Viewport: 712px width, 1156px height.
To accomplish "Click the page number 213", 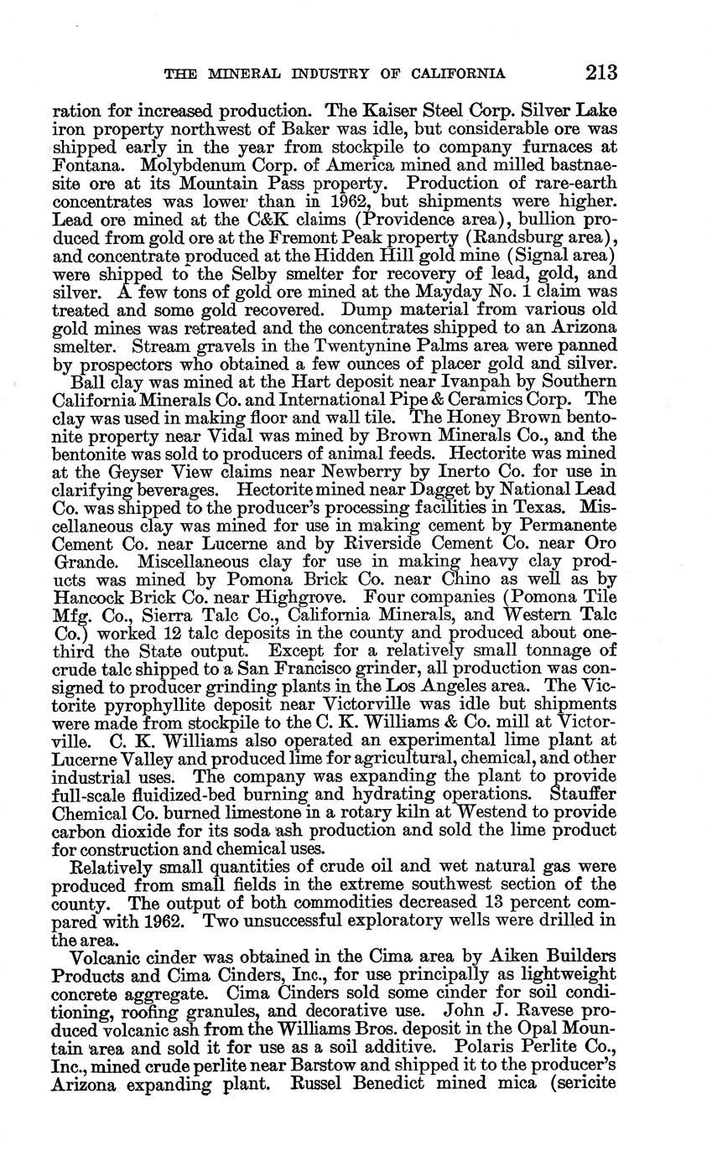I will point(601,72).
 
